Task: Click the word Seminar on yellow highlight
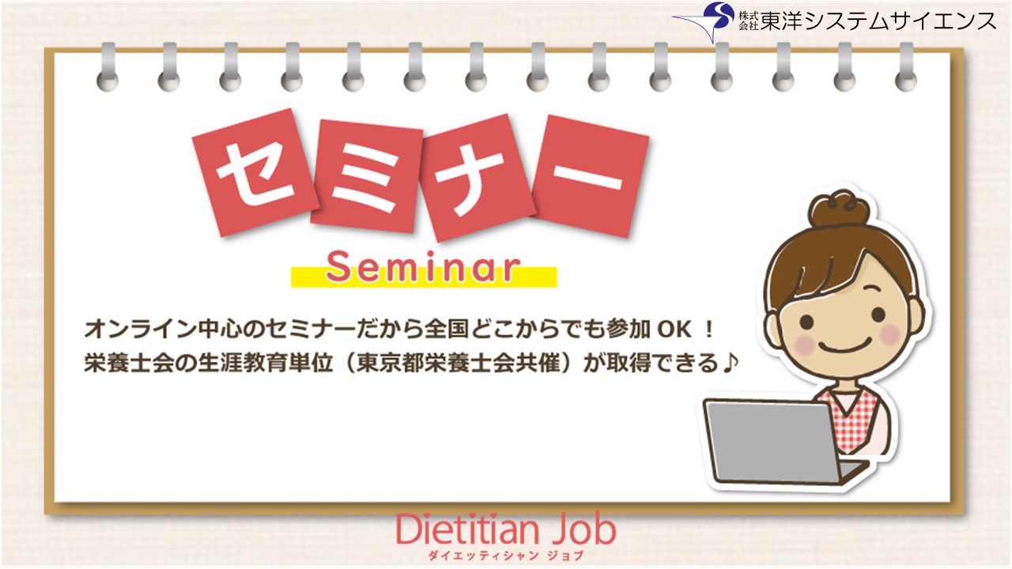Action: pos(424,269)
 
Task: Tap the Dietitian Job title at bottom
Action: pos(506,530)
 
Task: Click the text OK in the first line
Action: pos(674,327)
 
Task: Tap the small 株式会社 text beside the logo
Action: pos(747,21)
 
